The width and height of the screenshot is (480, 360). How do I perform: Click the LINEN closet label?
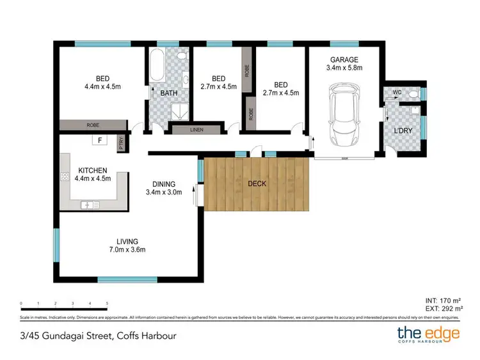point(197,130)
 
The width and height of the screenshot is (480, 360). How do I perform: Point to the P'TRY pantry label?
point(122,145)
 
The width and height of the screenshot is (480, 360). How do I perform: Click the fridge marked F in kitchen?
point(100,140)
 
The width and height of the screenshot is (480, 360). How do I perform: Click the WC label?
point(396,92)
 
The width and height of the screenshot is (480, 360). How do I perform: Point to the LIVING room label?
point(127,241)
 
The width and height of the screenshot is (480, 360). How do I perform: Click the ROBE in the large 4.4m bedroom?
point(93,125)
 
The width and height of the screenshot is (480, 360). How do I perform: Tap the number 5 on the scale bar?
point(107,303)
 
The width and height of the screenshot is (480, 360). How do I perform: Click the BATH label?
point(168,93)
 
